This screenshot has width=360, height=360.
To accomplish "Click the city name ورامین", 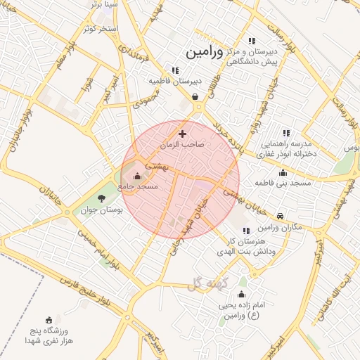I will pyautogui.click(x=203, y=52).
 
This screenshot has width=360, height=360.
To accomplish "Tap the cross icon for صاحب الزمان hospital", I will pyautogui.click(x=182, y=133).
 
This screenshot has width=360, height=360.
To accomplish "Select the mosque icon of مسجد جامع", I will pyautogui.click(x=136, y=176).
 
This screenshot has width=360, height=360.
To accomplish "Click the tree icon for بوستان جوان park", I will pyautogui.click(x=101, y=198).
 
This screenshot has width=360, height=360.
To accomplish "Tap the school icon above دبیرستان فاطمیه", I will pyautogui.click(x=175, y=70).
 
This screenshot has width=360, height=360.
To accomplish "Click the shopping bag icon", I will pyautogui.click(x=195, y=97).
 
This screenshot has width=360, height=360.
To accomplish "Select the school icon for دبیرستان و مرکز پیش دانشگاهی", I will pyautogui.click(x=252, y=41).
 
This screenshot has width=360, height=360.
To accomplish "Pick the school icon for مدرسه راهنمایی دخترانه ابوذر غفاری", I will pyautogui.click(x=285, y=132).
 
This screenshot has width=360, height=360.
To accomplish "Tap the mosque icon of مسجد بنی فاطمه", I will pyautogui.click(x=283, y=172).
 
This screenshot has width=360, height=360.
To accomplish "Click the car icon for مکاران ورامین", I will pyautogui.click(x=281, y=216).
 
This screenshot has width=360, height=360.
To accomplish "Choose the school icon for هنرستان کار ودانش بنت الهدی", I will pyautogui.click(x=245, y=230).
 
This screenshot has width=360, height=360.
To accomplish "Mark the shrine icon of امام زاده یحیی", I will pyautogui.click(x=242, y=294).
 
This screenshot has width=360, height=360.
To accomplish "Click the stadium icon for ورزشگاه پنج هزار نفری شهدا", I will pyautogui.click(x=49, y=320).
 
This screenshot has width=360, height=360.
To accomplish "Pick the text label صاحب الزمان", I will pyautogui.click(x=181, y=144).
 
